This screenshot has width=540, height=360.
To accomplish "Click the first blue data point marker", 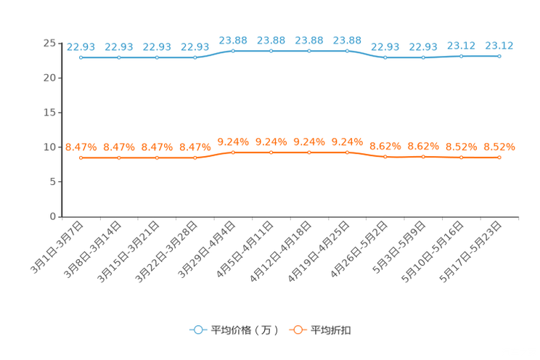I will tap(81, 57).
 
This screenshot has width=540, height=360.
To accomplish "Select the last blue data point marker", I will tap(499, 56).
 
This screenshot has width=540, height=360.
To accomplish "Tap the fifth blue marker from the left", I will tap(233, 51).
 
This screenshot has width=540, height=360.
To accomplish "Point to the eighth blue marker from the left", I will tap(348, 51).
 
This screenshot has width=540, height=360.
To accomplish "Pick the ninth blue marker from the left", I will tap(385, 57).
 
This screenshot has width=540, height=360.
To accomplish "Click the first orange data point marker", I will tap(81, 157).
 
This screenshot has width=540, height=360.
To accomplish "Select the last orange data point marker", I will tap(499, 157).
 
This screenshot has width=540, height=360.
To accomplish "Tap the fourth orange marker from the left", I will tap(195, 157).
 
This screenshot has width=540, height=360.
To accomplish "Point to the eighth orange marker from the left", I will tap(348, 152).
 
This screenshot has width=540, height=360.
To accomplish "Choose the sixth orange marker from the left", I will tap(271, 152).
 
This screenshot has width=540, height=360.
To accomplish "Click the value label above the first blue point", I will tap(81, 46).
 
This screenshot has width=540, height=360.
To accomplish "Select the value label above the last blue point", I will tap(499, 45).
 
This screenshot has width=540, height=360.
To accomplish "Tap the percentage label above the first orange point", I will tap(81, 147).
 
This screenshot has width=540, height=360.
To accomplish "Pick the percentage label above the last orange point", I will tap(499, 147).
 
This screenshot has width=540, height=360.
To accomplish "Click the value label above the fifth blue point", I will tap(233, 40).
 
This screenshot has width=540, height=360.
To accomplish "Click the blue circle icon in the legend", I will tap(197, 330).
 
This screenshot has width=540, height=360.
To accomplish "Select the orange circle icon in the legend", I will tap(297, 330).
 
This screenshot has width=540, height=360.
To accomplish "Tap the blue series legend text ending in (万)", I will tap(245, 330).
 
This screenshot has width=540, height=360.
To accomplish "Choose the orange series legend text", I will tap(332, 330).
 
